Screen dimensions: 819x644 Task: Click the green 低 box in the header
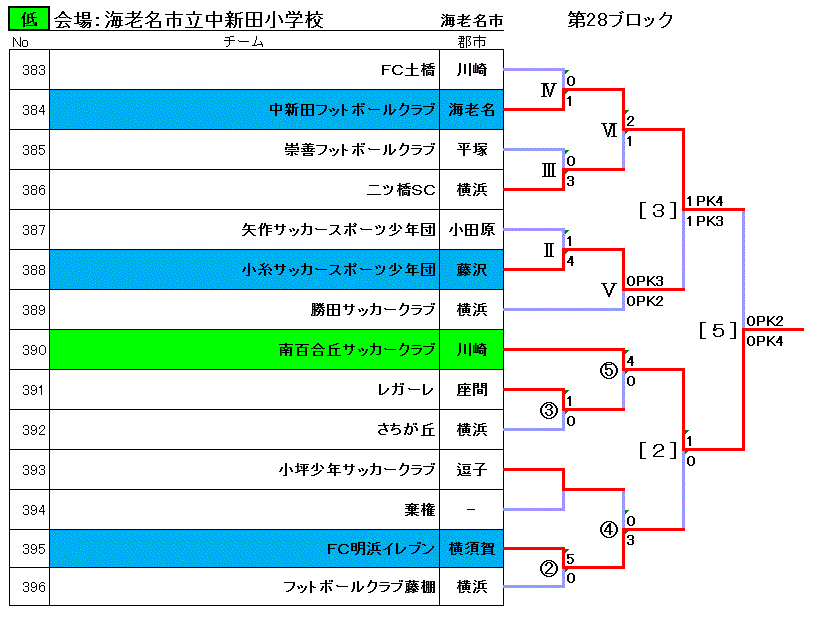tap(29, 19)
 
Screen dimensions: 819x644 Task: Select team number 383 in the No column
tap(33, 70)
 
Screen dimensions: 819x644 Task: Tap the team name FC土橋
tap(408, 70)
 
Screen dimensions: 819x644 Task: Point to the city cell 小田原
tap(472, 230)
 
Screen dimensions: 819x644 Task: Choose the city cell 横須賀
tap(472, 548)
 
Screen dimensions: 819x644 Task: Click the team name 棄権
tap(420, 509)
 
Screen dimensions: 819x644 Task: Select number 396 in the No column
tap(33, 587)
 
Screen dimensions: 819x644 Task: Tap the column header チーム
tap(243, 41)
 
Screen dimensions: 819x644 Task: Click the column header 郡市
tap(472, 41)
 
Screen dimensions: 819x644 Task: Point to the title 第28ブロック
tap(621, 20)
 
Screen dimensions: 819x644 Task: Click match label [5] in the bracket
tap(718, 330)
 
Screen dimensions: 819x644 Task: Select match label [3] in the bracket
tap(658, 210)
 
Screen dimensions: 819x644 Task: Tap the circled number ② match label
tap(548, 568)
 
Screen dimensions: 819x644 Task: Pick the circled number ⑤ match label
tap(609, 370)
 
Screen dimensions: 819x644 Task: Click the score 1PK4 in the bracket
tap(705, 201)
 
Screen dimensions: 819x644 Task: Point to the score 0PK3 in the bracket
tap(645, 281)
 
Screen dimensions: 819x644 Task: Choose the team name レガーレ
tap(405, 390)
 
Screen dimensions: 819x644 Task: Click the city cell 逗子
tap(472, 470)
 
